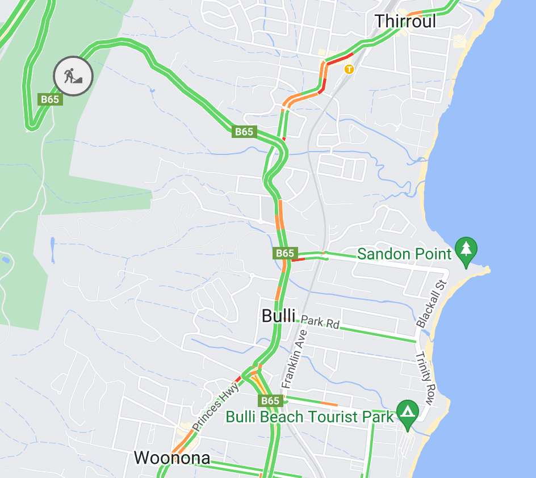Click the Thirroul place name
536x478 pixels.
tap(405, 22)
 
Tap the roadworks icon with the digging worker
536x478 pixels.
tap(73, 76)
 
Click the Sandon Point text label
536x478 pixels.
tap(405, 254)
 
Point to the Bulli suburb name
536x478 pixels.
tap(278, 316)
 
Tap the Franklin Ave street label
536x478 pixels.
tap(295, 359)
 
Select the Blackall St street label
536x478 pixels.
tap(432, 303)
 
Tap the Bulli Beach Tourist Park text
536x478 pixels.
tap(309, 417)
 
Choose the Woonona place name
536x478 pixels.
tap(172, 458)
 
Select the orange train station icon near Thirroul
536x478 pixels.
tap(349, 69)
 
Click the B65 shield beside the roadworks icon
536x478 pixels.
tap(50, 99)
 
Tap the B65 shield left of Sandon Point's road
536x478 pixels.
tap(285, 253)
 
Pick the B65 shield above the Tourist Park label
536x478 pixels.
tap(270, 401)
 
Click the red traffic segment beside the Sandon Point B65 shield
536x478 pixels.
tap(299, 259)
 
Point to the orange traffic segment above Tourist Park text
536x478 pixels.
tap(329, 404)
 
